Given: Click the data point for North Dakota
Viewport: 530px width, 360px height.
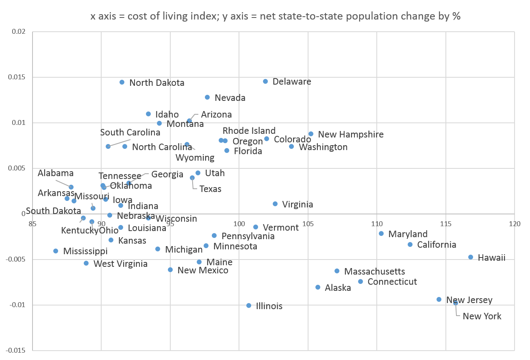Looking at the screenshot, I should coord(122,82).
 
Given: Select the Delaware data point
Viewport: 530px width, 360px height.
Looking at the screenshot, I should coord(265,81).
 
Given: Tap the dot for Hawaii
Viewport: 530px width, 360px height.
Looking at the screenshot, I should coord(471,257).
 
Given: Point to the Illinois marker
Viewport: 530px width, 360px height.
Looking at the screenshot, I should coord(249,305).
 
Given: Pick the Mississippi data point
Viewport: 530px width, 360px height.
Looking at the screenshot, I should coord(56,251).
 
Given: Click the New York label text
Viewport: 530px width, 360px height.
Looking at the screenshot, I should coord(482,316).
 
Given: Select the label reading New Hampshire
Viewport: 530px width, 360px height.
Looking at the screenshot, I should coord(351,134).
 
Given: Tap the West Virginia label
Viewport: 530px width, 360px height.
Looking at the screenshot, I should coord(120,264).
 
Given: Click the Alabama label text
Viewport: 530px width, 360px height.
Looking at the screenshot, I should coord(56,173).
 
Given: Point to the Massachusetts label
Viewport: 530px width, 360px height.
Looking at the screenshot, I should coord(374,271).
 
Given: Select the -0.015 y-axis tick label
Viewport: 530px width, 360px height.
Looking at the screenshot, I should coord(16,351).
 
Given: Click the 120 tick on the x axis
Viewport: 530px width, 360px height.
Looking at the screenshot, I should coord(515,223).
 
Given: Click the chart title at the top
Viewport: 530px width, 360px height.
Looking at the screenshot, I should coord(275,17).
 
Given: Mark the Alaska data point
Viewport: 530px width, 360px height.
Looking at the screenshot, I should coord(318,287).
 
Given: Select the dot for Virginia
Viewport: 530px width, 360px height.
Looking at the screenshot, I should coord(275,204).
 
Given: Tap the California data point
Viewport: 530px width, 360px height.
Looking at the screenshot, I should coord(410,244).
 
